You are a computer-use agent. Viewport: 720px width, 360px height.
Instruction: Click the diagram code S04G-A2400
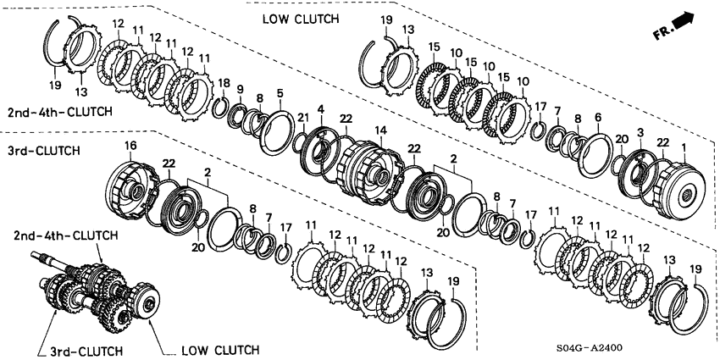(590, 347)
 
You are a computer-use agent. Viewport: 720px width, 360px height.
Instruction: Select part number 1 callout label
(684, 147)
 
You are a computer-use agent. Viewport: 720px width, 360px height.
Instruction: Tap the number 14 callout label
(379, 130)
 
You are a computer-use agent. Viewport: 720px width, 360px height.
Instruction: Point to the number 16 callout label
(130, 146)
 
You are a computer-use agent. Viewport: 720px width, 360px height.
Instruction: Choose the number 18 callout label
(224, 83)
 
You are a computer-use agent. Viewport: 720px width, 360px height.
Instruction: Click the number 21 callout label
(302, 119)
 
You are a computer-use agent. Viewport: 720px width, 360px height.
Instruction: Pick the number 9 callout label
(241, 89)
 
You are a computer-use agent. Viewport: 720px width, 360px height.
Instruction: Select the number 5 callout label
(280, 93)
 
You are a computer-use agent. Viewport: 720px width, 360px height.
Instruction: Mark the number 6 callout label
(597, 118)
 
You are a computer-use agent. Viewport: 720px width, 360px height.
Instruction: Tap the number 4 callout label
(320, 110)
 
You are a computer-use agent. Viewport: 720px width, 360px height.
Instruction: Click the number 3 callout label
(640, 133)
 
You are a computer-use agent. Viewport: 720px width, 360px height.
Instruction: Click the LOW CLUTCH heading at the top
(301, 19)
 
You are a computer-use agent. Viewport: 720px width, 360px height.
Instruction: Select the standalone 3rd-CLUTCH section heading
(43, 150)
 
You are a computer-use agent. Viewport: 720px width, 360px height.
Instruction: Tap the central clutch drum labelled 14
(372, 173)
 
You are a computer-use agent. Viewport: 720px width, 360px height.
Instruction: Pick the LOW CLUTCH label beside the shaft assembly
(220, 351)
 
